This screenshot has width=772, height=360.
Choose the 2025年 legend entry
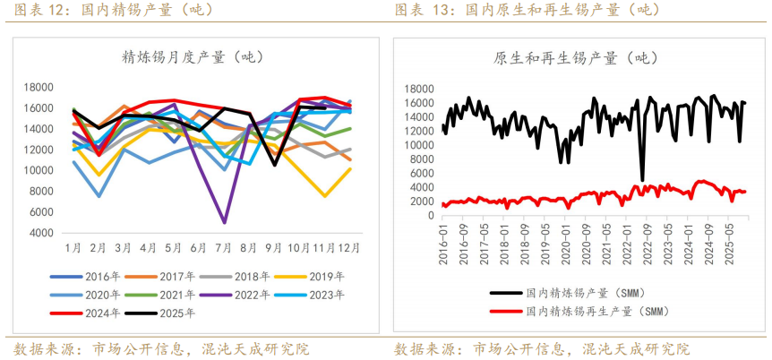tap(172, 313)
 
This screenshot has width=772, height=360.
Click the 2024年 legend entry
tap(98, 313)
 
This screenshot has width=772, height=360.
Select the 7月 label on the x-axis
tap(224, 248)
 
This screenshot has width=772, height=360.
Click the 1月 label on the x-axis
tap(73, 248)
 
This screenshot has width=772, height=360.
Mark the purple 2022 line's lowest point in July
tap(224, 222)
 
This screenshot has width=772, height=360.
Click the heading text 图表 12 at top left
tap(39, 10)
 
